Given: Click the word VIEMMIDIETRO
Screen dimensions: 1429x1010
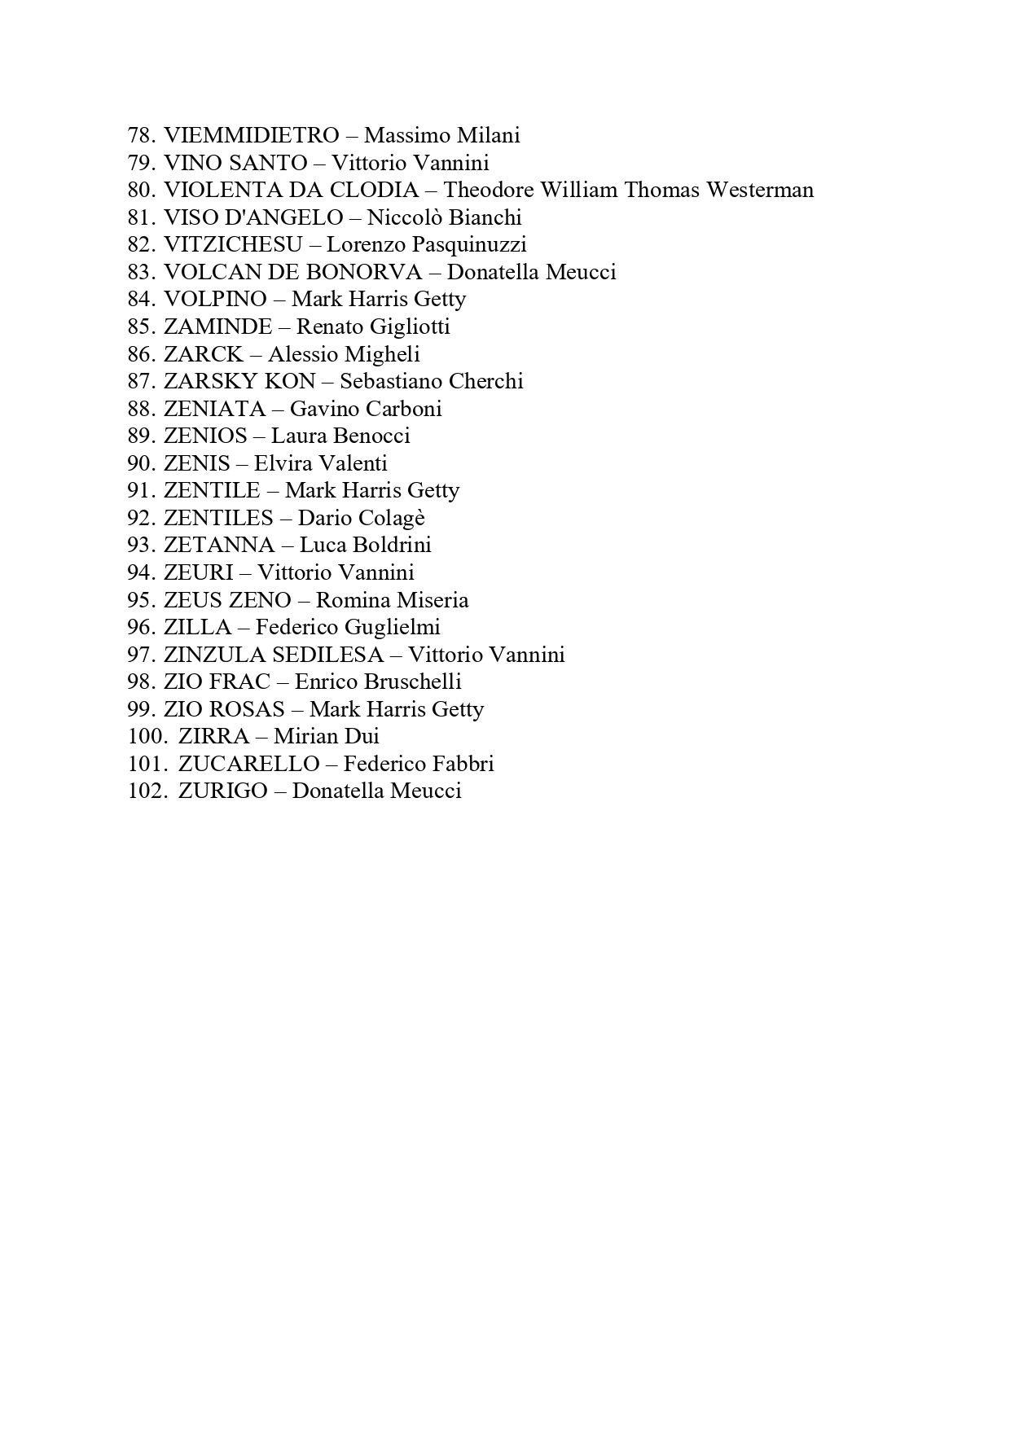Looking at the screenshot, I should pyautogui.click(x=251, y=135).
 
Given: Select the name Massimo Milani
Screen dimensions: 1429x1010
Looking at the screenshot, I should pyautogui.click(x=441, y=135).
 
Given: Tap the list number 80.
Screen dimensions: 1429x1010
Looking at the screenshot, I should pyautogui.click(x=140, y=191).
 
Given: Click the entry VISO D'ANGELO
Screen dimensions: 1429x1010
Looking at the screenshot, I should pyautogui.click(x=253, y=217).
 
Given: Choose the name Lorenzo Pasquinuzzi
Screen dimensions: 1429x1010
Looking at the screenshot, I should pyautogui.click(x=426, y=244).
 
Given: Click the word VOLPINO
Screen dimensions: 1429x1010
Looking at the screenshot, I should pyautogui.click(x=215, y=299).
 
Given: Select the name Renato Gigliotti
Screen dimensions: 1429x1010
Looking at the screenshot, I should pyautogui.click(x=373, y=327).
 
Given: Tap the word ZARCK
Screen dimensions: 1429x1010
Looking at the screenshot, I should pyautogui.click(x=204, y=354).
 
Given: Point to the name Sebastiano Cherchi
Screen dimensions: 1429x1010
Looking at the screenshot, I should pyautogui.click(x=432, y=381).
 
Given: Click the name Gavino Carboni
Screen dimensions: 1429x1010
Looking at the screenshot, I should pyautogui.click(x=366, y=409).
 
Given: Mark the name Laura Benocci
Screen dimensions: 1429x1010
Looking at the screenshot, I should pyautogui.click(x=340, y=436).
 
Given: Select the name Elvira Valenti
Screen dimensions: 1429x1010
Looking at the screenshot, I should pyautogui.click(x=321, y=463).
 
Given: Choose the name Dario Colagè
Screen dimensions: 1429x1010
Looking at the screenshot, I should pyautogui.click(x=362, y=518).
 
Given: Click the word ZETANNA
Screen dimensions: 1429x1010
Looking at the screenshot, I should pyautogui.click(x=219, y=545).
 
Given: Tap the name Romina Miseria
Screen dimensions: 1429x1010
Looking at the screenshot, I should pyautogui.click(x=392, y=600).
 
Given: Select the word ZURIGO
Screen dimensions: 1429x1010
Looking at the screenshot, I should pyautogui.click(x=223, y=791).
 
